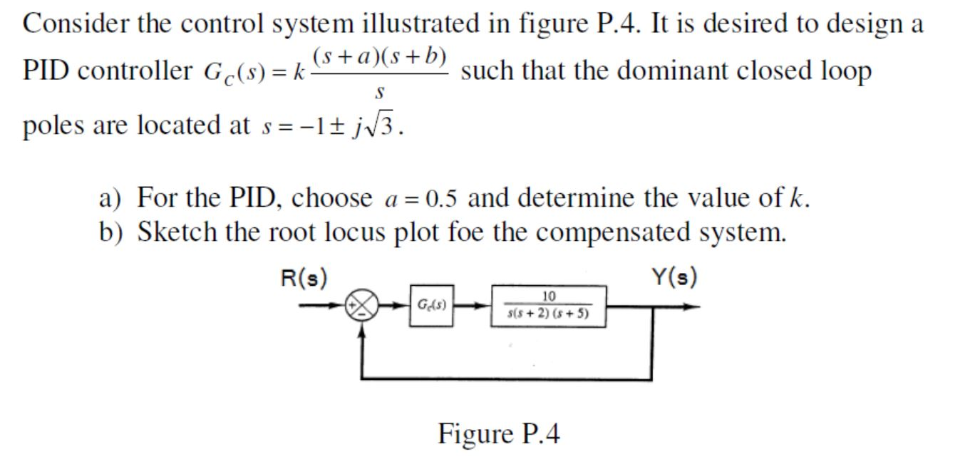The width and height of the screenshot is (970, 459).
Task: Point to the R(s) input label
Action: (304, 278)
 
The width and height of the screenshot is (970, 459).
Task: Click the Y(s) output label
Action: (673, 278)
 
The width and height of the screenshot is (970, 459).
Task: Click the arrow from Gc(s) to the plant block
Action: (472, 307)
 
